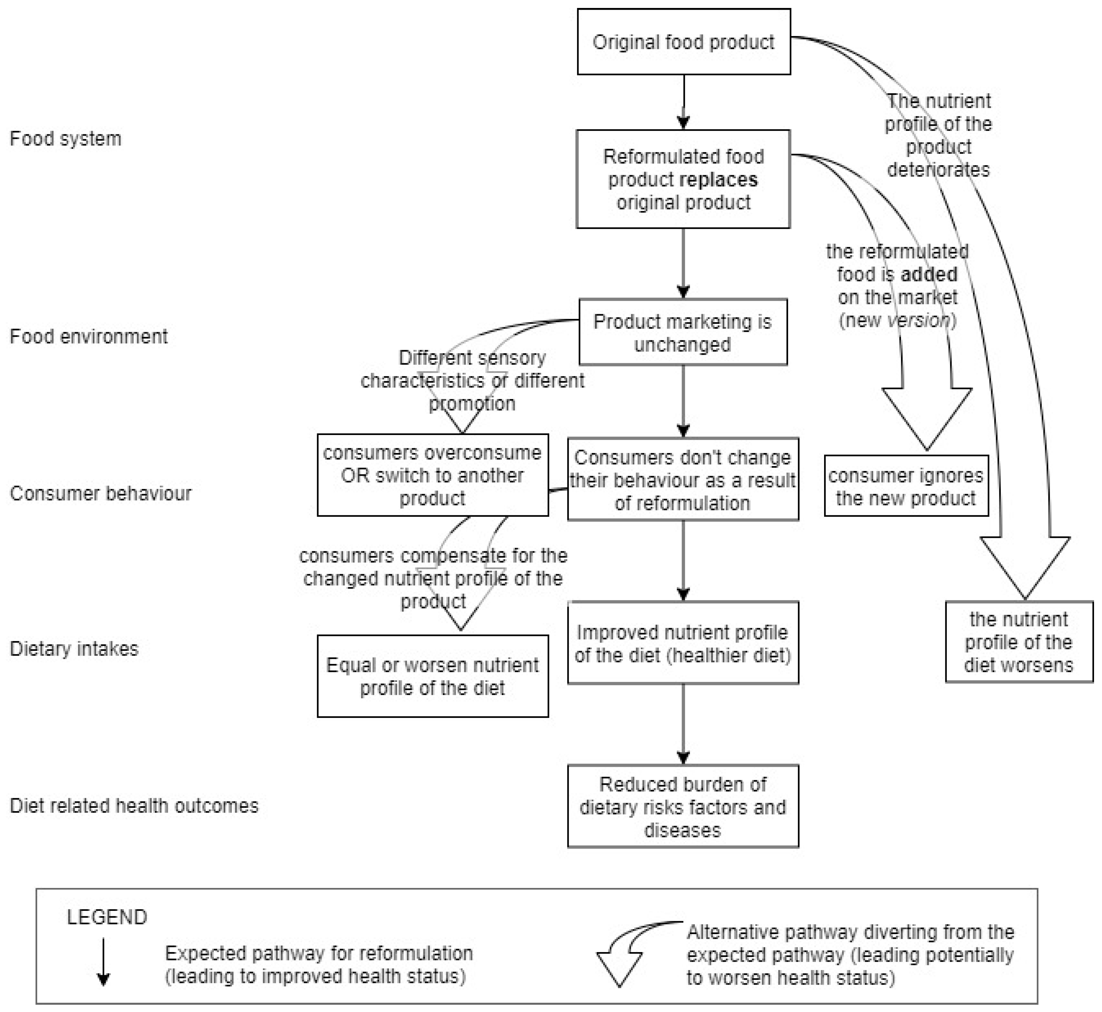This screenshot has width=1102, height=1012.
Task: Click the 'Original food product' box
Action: click(x=683, y=42)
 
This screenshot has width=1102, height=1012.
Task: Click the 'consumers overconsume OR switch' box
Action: click(x=432, y=475)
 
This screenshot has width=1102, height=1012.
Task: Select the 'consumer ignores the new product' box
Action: click(x=906, y=486)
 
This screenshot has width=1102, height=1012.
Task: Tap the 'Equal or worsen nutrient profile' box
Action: click(x=432, y=676)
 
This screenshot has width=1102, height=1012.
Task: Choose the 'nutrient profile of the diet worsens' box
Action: click(x=1019, y=642)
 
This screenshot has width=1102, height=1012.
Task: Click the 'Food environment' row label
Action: click(x=89, y=336)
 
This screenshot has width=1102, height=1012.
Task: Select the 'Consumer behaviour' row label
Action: click(x=101, y=494)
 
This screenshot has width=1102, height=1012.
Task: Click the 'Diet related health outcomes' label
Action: click(x=134, y=806)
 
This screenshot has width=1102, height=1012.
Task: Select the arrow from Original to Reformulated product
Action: click(x=683, y=102)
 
